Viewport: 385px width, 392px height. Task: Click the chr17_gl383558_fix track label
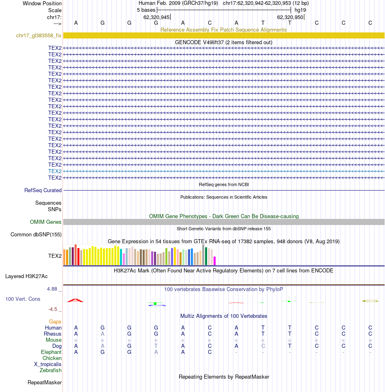click(x=39, y=36)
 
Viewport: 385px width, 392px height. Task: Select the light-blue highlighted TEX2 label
click(x=55, y=171)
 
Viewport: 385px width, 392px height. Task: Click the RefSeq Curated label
click(x=43, y=190)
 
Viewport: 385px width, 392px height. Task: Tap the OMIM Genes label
click(x=46, y=222)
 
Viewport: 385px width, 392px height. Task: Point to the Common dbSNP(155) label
click(x=36, y=234)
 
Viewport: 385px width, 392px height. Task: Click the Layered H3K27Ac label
click(x=26, y=276)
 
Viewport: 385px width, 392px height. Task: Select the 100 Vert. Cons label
click(x=23, y=299)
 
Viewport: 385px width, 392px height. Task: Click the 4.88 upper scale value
click(x=53, y=289)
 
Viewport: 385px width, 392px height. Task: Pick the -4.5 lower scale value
click(x=53, y=309)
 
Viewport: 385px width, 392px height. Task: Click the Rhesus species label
click(x=53, y=334)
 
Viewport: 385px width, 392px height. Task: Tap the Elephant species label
click(x=51, y=352)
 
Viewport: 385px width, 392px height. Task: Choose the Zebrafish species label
click(x=51, y=370)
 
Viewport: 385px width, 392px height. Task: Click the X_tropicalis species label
click(x=48, y=364)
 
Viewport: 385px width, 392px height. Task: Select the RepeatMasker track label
click(x=45, y=382)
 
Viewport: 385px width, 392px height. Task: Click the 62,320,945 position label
click(x=156, y=17)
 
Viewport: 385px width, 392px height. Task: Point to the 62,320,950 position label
click(x=290, y=17)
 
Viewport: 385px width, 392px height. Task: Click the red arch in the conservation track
click(x=75, y=300)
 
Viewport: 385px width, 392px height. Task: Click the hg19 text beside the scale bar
click(x=300, y=10)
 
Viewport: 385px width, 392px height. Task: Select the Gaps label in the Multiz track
click(x=55, y=321)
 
